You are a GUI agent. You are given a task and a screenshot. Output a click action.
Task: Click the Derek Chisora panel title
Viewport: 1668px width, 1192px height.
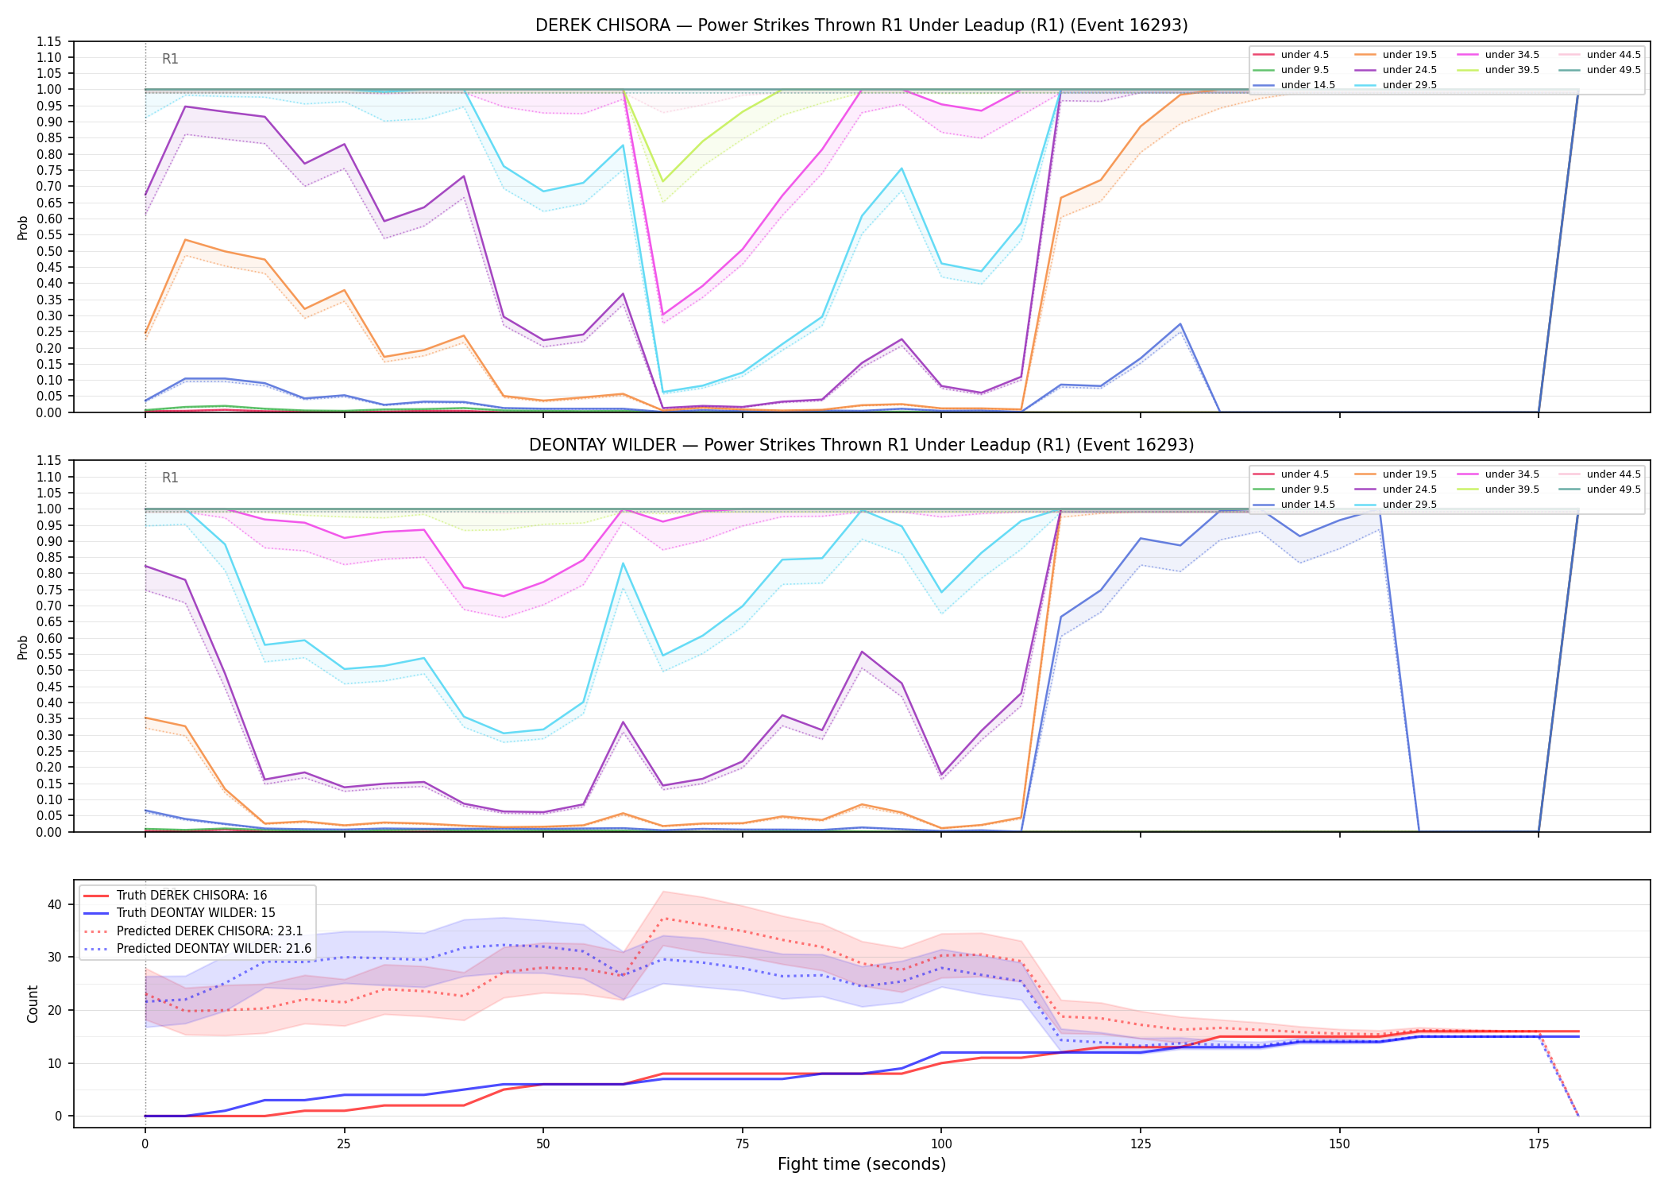click(x=861, y=25)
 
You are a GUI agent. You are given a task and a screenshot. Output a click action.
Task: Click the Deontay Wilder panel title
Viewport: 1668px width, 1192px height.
click(x=861, y=445)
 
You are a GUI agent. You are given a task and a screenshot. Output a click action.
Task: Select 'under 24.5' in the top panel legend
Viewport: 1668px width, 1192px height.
click(x=1409, y=70)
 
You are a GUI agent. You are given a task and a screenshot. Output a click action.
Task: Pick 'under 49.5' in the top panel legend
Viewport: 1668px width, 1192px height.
click(x=1613, y=70)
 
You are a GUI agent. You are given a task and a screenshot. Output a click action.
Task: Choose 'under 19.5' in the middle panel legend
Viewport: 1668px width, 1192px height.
click(x=1409, y=474)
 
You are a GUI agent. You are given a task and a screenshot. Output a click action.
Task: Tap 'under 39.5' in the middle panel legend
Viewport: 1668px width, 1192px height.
click(x=1512, y=490)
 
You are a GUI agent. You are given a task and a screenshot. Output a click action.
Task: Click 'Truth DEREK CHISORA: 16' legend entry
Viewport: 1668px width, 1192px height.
click(x=191, y=896)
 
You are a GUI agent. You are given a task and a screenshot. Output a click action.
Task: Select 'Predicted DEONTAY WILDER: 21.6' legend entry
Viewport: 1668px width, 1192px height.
click(x=214, y=948)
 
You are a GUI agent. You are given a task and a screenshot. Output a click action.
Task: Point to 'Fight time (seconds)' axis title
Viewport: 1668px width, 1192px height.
click(x=861, y=1164)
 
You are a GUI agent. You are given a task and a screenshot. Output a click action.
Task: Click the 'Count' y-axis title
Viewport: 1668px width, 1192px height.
click(x=33, y=1004)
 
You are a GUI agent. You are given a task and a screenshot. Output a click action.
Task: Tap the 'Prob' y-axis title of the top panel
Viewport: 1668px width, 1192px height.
click(x=23, y=227)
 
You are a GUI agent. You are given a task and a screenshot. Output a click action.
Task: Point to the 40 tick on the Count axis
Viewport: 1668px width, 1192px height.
click(x=55, y=904)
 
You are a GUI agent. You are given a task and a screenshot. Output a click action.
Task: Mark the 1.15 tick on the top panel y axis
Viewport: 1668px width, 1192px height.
click(x=49, y=41)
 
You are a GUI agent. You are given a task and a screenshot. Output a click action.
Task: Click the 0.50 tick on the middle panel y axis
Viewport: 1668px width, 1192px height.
click(x=49, y=670)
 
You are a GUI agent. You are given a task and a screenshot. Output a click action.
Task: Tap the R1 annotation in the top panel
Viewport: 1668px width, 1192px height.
click(x=170, y=59)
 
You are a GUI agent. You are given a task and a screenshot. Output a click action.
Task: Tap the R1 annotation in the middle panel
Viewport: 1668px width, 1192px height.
click(x=170, y=478)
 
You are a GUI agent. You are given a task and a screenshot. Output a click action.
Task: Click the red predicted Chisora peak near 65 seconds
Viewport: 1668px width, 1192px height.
click(x=662, y=919)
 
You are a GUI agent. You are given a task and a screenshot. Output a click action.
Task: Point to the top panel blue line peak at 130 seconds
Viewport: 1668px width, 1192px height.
click(x=1180, y=324)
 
